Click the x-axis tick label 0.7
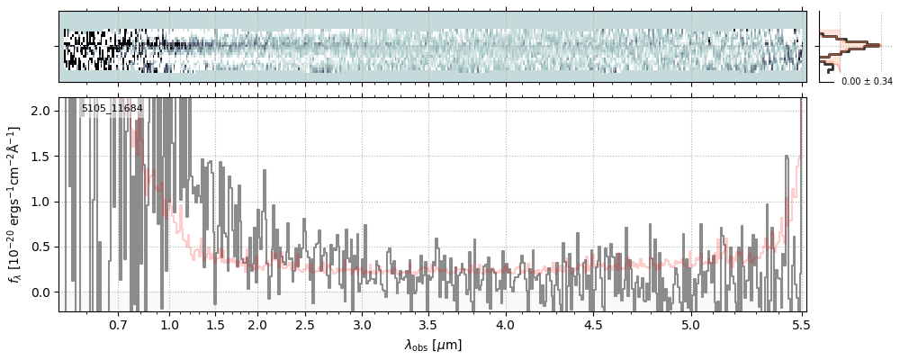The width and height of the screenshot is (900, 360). [118, 324]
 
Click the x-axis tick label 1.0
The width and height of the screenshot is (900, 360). [169, 324]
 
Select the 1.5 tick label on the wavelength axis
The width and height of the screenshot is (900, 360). [215, 324]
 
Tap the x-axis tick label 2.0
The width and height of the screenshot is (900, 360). [256, 324]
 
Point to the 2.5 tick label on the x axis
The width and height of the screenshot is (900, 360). [305, 324]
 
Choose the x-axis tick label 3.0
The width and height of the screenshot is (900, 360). [362, 324]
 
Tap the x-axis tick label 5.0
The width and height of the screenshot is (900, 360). [690, 324]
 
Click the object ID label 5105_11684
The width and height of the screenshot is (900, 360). [112, 109]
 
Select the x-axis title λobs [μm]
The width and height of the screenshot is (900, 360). [433, 345]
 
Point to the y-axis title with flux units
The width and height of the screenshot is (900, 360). [15, 204]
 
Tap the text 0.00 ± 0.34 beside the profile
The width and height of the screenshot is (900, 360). [867, 82]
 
